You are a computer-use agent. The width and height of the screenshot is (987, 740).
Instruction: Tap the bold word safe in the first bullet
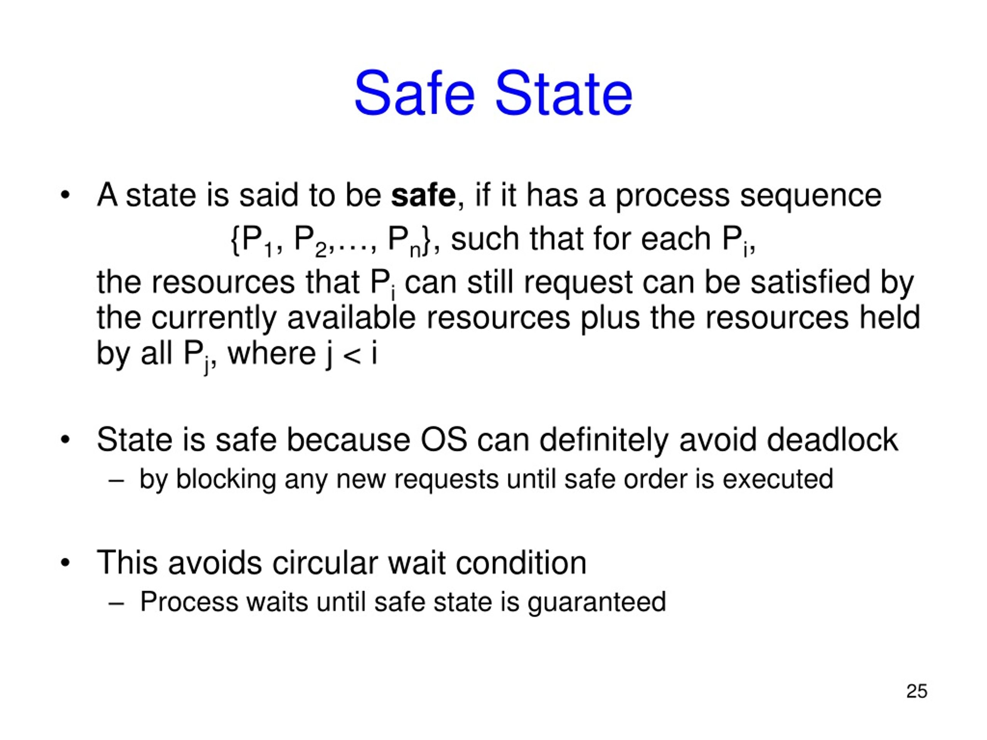pyautogui.click(x=423, y=196)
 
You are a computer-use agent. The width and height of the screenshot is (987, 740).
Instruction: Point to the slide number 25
pyautogui.click(x=916, y=691)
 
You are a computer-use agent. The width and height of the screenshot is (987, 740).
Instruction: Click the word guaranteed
pyautogui.click(x=596, y=602)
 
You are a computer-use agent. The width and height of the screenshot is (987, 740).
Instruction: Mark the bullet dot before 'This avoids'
pyautogui.click(x=65, y=563)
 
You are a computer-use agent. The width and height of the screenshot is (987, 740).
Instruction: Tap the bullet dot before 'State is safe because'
pyautogui.click(x=65, y=440)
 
